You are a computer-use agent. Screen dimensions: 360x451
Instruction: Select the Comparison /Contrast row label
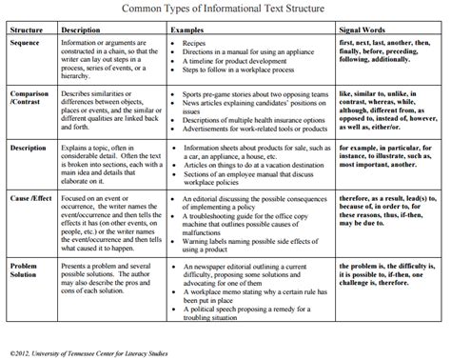pyautogui.click(x=29, y=99)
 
